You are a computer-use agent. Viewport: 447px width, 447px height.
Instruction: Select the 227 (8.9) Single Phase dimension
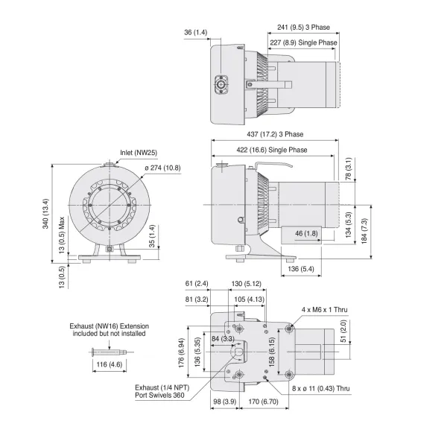pos(303,43)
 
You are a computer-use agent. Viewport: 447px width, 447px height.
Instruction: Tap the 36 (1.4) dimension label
pos(197,33)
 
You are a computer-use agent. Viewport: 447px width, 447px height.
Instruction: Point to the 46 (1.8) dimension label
pos(306,233)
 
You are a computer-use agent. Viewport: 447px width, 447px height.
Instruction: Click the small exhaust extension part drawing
pos(107,351)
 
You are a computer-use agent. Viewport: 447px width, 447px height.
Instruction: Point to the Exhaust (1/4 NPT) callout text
pos(159,392)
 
